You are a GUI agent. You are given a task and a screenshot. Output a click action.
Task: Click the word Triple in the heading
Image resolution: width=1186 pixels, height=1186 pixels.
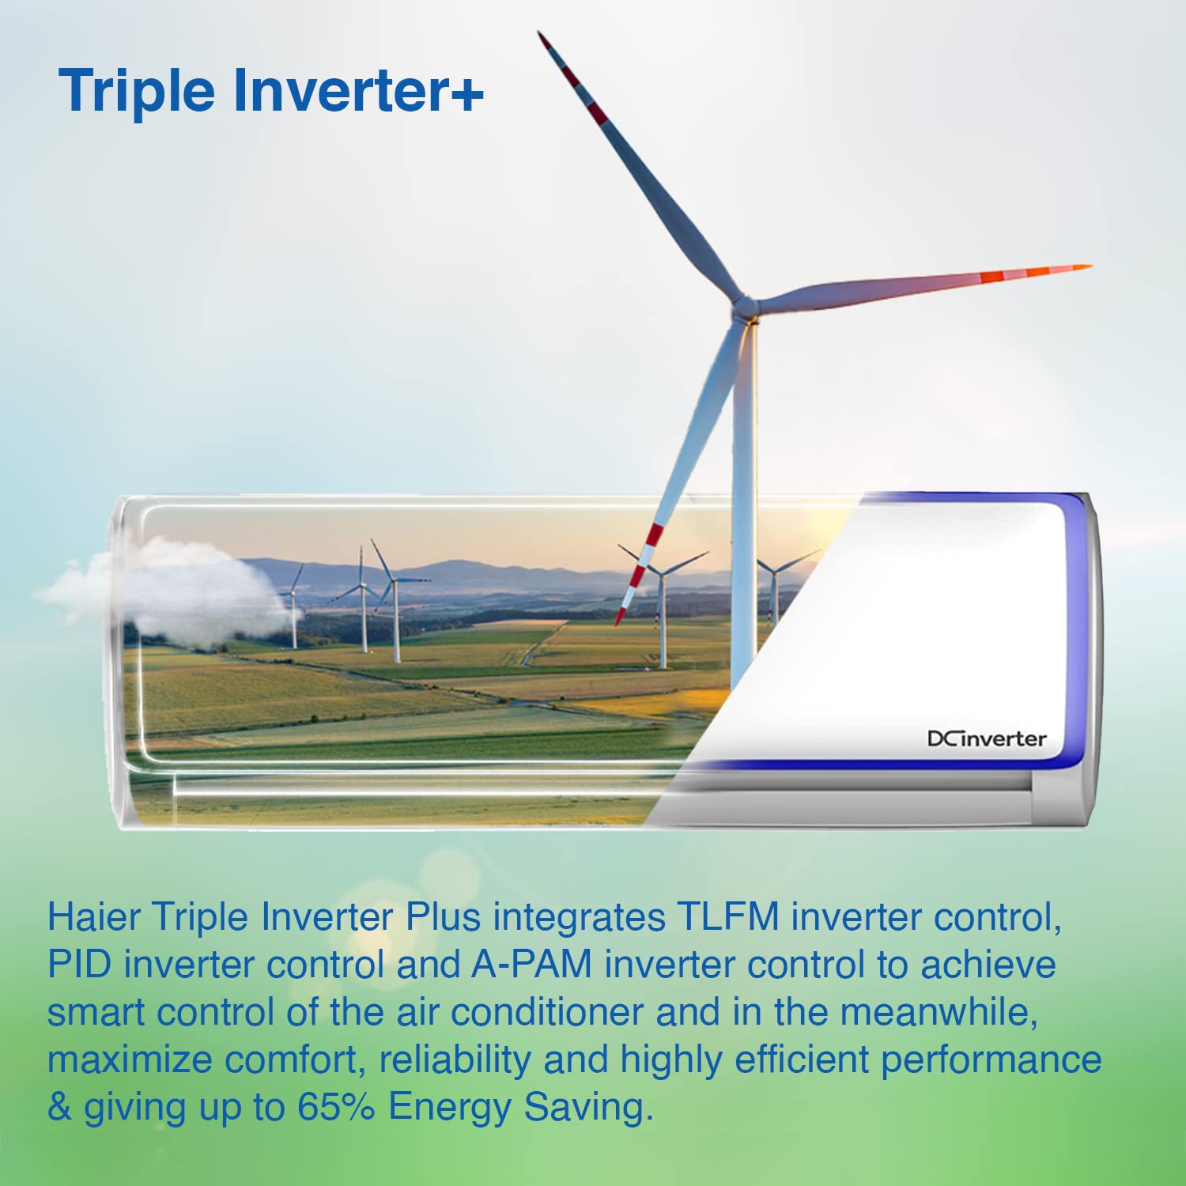[137, 91]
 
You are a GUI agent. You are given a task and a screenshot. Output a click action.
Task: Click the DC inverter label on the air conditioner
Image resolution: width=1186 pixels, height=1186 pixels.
[987, 739]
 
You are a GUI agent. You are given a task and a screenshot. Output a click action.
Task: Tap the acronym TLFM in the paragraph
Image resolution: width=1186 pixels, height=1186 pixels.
[728, 917]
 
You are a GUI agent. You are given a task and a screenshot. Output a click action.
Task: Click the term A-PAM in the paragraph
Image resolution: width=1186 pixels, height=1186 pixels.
[531, 965]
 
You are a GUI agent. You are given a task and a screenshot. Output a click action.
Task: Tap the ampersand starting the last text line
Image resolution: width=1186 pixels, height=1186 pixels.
[59, 1107]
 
